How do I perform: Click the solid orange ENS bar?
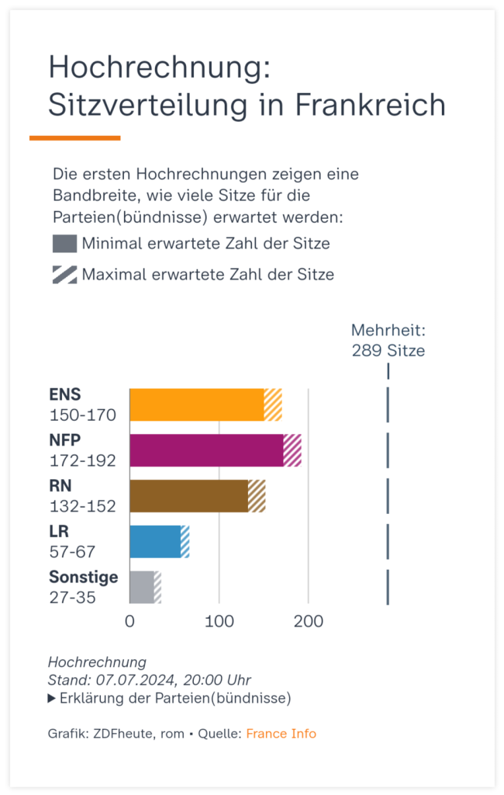pos(196,404)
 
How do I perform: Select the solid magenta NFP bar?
pos(206,450)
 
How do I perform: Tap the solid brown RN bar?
pos(188,496)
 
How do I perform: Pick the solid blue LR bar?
pos(154,541)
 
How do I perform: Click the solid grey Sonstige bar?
pos(141,587)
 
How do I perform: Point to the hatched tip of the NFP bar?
pos(292,450)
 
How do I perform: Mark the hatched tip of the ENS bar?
pos(273,404)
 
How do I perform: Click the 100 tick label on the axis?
pos(219,622)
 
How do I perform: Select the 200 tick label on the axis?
pos(309,622)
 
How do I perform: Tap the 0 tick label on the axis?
pos(129,622)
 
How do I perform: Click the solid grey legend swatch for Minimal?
pos(64,244)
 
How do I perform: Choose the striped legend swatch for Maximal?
pos(64,274)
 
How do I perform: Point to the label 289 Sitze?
pos(388,350)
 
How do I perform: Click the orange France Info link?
pos(281,734)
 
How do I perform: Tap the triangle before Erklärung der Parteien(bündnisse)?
pos(52,699)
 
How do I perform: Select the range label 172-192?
pos(82,460)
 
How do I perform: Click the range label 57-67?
pos(73,552)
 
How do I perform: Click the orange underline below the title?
pos(74,138)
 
